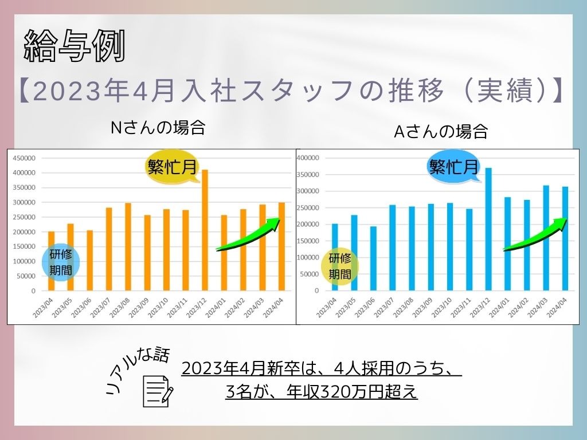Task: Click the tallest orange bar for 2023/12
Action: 205,230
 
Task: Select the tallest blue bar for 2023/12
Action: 488,229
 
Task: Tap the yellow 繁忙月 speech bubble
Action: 173,167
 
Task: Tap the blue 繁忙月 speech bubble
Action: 453,167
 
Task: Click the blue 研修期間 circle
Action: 61,262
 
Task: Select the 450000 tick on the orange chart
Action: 24,158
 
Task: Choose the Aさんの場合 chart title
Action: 441,132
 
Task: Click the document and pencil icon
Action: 158,391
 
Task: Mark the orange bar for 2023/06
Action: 89,261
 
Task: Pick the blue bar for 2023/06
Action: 373,258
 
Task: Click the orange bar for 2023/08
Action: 128,247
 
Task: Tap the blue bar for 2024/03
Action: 545,238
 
